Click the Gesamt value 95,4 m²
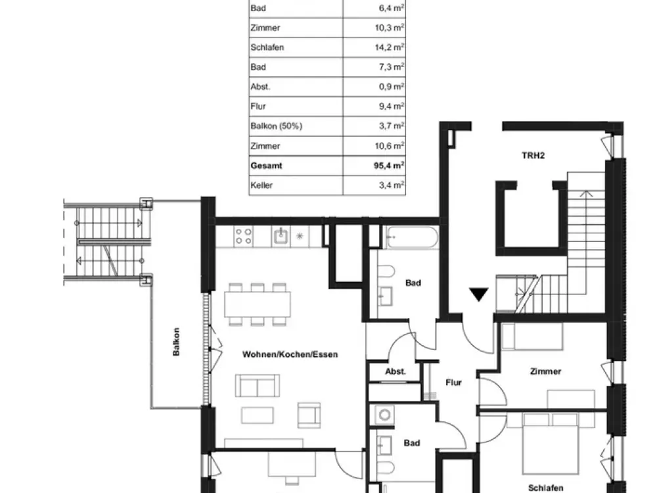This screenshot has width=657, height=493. [389, 166]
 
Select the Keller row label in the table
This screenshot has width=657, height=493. [261, 185]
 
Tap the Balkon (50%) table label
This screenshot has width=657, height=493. [276, 126]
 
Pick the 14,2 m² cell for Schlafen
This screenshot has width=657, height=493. [389, 47]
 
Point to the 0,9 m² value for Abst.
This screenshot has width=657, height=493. [392, 87]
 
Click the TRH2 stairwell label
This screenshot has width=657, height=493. [533, 156]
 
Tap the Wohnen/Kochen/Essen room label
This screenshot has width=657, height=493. [290, 355]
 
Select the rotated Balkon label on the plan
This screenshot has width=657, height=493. [176, 342]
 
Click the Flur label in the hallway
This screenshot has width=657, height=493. [453, 383]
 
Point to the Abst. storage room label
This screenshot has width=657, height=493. [396, 371]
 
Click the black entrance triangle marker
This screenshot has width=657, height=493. [478, 294]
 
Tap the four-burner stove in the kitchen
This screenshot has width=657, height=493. [244, 236]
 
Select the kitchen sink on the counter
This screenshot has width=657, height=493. [281, 236]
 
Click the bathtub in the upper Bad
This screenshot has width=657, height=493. [413, 238]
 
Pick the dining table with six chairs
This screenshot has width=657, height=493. [258, 304]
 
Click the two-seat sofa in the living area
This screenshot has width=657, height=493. [258, 385]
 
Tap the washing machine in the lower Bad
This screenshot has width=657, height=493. [384, 415]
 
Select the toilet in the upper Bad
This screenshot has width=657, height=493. [386, 272]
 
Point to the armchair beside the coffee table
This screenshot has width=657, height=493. [309, 415]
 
